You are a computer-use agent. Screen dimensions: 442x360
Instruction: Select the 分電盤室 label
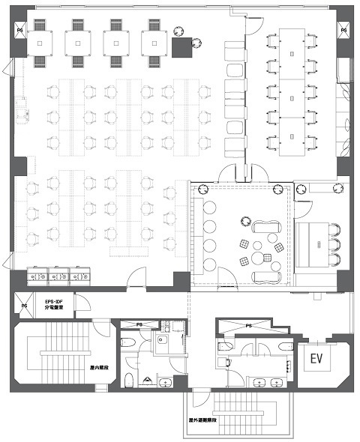tap(56, 307)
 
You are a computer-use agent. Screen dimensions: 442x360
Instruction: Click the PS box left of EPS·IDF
tap(25, 306)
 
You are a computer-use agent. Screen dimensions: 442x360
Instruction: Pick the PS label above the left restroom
tap(139, 324)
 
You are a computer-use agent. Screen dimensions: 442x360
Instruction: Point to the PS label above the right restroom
tap(249, 326)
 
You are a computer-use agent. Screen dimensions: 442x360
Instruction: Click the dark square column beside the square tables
tap(181, 49)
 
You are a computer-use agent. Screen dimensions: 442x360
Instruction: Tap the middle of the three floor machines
tap(57, 277)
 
